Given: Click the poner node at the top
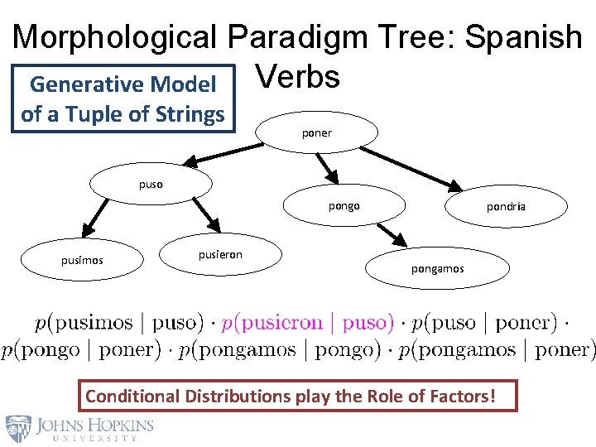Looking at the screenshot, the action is [x=317, y=132].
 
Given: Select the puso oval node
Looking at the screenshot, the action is [x=151, y=184].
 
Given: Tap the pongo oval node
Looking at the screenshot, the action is [x=344, y=206].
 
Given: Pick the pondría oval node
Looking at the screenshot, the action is [x=506, y=207].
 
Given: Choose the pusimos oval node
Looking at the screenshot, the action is [x=82, y=260].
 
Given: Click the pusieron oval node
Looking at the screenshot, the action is [x=220, y=255].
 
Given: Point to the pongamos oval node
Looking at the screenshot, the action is [x=438, y=268].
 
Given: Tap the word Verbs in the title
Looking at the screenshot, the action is [x=297, y=76].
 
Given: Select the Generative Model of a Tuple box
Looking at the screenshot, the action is [x=123, y=99].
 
